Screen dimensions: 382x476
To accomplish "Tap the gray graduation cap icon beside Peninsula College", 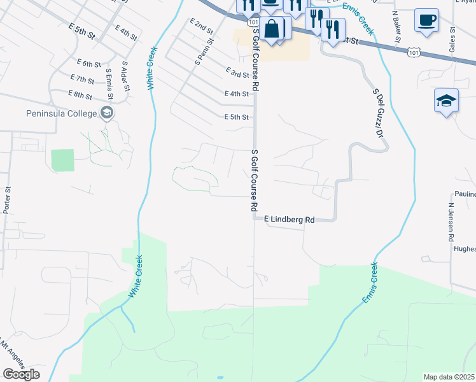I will [x=107, y=113].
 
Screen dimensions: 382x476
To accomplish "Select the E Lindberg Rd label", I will [x=289, y=219].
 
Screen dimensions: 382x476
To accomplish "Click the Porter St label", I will [x=8, y=199].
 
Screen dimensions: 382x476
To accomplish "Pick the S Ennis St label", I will [x=109, y=83].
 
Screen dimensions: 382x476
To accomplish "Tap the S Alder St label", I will [x=125, y=74].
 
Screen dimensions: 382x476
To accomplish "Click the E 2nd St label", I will [x=201, y=26].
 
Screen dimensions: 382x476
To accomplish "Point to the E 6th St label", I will [x=88, y=64].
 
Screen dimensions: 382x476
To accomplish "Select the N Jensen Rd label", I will [x=451, y=222].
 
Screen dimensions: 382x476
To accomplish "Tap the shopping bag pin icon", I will [x=272, y=29].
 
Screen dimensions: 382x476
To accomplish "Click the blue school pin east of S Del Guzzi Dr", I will [x=447, y=101].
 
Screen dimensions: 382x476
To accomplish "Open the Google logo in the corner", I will [x=21, y=374].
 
